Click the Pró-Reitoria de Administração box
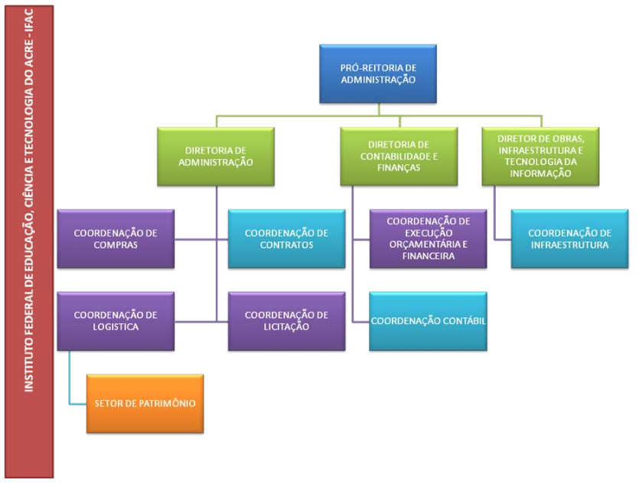point(378,73)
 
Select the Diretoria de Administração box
point(216,156)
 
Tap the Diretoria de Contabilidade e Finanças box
point(399,156)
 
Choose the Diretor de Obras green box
point(540,156)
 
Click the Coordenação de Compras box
point(116,238)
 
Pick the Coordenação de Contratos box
point(286,238)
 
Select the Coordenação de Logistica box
point(116,321)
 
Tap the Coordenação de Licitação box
point(286,321)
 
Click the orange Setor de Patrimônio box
point(145,404)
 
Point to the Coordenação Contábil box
point(428,321)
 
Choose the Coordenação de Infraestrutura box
point(569,238)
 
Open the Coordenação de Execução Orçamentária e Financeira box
point(428,238)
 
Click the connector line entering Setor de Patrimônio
point(77,404)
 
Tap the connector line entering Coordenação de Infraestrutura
point(502,238)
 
